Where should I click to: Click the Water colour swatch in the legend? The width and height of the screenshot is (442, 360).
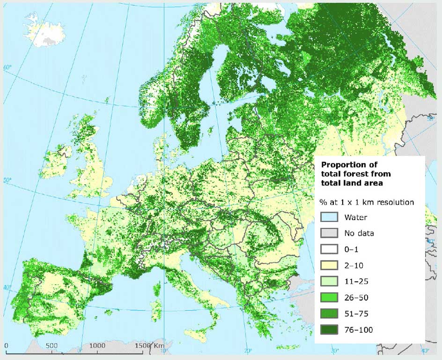pos(329,217)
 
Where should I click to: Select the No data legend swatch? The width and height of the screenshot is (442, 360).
pos(329,233)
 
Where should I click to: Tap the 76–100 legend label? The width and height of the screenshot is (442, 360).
pos(359,330)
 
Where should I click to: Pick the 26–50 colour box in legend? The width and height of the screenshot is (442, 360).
pos(329,297)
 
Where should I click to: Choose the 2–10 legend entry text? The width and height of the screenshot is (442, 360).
pos(354,265)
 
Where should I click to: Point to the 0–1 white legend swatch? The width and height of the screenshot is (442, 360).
pos(329,249)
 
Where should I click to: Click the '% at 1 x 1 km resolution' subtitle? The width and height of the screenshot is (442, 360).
pos(367,202)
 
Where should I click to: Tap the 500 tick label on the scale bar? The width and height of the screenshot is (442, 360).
pos(52,346)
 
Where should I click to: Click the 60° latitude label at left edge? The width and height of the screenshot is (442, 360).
pos(7,68)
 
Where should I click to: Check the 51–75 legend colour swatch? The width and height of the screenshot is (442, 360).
pos(329,314)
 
